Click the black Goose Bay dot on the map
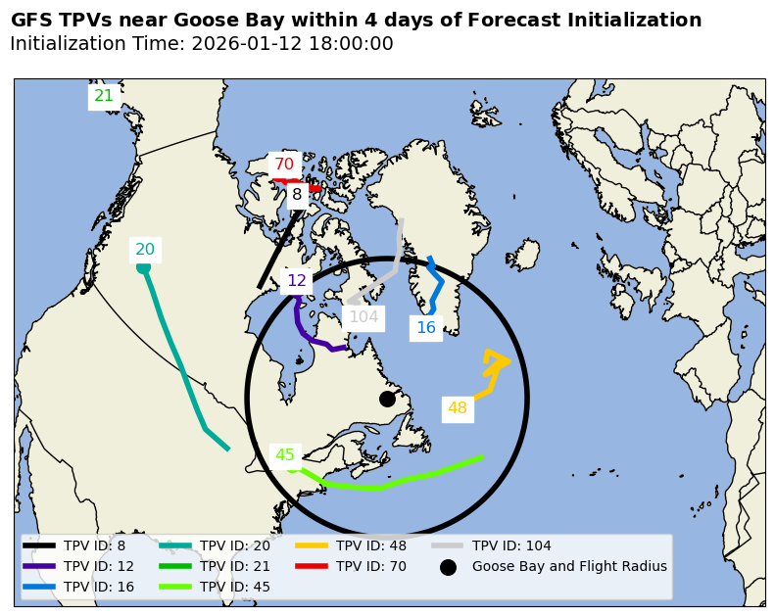click(x=387, y=399)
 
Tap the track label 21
click(x=104, y=96)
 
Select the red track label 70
click(x=284, y=165)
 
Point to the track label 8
click(x=297, y=195)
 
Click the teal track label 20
click(x=145, y=250)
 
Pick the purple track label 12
click(x=297, y=281)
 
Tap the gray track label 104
click(x=363, y=317)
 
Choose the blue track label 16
click(x=426, y=328)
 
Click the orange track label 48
click(x=458, y=408)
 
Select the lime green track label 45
click(x=285, y=455)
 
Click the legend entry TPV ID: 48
click(x=371, y=545)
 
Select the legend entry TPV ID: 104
click(x=511, y=545)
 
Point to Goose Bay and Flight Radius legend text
click(x=569, y=566)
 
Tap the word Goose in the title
click(x=217, y=21)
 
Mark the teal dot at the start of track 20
click(x=143, y=266)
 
